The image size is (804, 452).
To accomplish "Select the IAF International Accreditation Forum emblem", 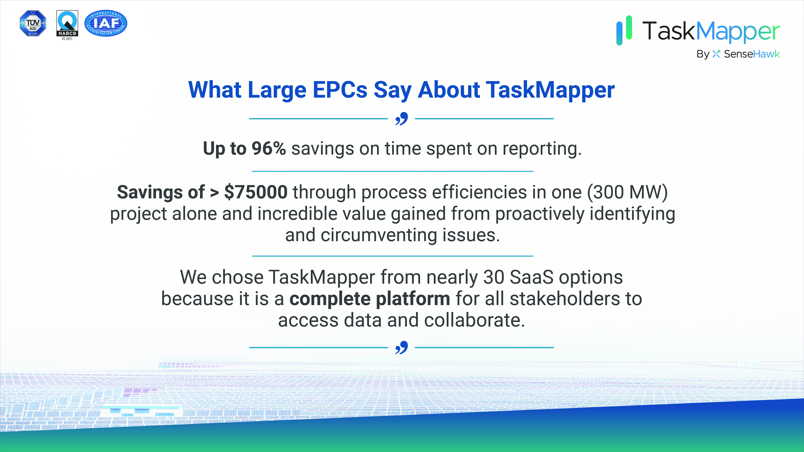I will [x=106, y=23].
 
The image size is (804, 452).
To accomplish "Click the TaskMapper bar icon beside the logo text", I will [x=624, y=30].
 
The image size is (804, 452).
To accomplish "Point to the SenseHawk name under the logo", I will [x=752, y=54].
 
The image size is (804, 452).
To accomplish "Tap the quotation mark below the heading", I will [x=401, y=119].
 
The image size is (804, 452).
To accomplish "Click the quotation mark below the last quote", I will [x=401, y=347].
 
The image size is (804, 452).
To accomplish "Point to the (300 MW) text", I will [x=627, y=192].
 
